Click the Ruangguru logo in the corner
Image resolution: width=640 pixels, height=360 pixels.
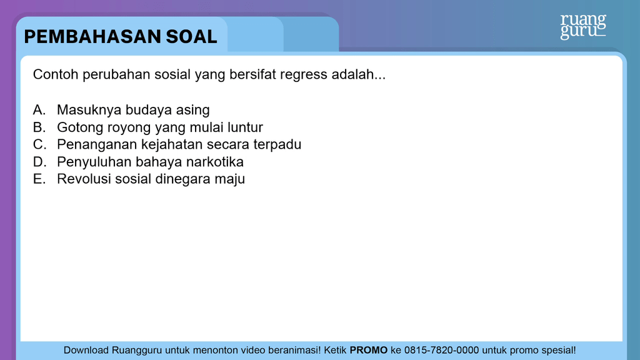[x=582, y=26]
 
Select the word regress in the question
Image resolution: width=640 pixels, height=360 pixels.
[x=304, y=75]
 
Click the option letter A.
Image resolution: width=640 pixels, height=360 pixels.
[x=39, y=110]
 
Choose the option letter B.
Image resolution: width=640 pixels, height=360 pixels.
[x=39, y=127]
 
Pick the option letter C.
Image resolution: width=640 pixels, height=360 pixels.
[x=39, y=144]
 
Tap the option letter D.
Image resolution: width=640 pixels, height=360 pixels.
[x=39, y=162]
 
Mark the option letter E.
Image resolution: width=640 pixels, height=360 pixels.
[x=39, y=179]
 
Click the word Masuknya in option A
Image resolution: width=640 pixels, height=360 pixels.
[x=89, y=110]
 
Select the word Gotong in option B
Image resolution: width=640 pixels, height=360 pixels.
[x=79, y=127]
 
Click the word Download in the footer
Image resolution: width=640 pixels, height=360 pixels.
[x=86, y=350]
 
